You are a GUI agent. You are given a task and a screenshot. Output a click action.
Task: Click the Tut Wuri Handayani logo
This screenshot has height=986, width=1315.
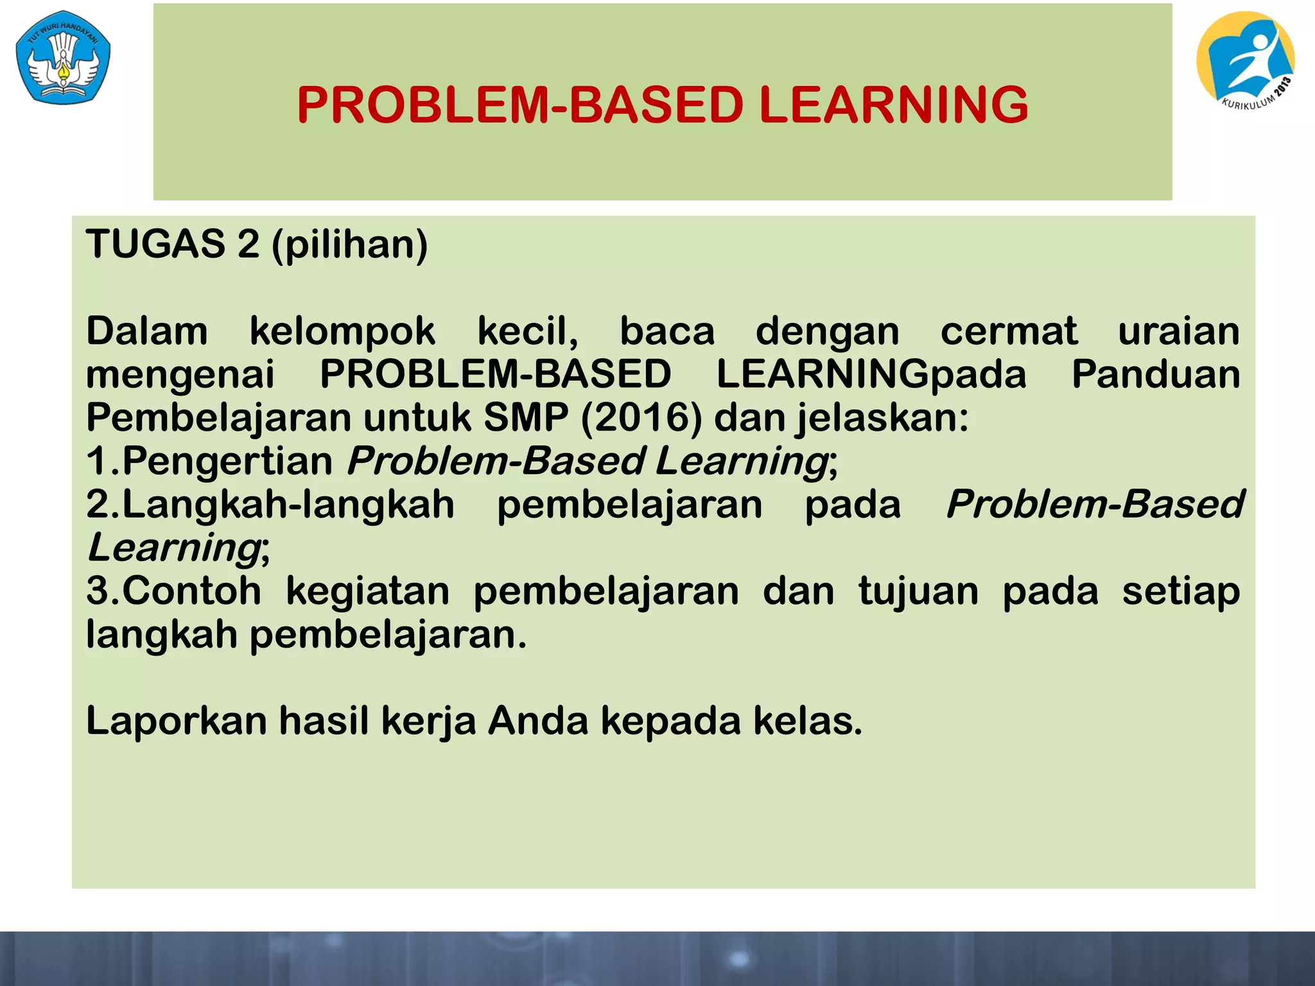click(x=63, y=56)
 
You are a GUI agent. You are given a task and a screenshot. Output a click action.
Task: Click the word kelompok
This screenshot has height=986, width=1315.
click(x=342, y=333)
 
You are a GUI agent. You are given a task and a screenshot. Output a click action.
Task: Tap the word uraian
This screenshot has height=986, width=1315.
click(x=1178, y=333)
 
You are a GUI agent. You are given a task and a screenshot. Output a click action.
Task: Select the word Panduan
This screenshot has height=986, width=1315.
click(x=1155, y=375)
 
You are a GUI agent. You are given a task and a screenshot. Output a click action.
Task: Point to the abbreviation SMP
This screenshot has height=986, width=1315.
click(x=526, y=419)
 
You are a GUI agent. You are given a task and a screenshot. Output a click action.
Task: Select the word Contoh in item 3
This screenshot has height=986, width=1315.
click(x=191, y=592)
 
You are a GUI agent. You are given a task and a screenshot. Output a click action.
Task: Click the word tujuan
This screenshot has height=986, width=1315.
click(x=918, y=592)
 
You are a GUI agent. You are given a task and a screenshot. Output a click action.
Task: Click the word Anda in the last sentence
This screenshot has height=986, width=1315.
click(x=538, y=722)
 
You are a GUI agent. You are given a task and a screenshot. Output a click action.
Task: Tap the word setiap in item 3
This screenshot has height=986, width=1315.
click(x=1181, y=592)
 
